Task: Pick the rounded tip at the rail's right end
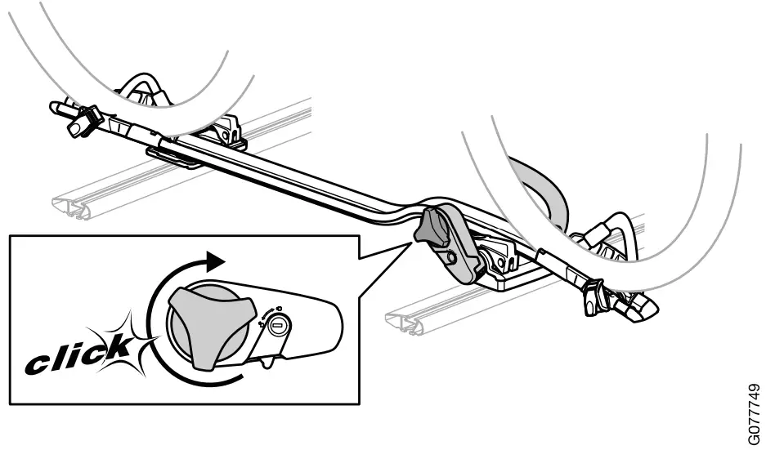[646, 309]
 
